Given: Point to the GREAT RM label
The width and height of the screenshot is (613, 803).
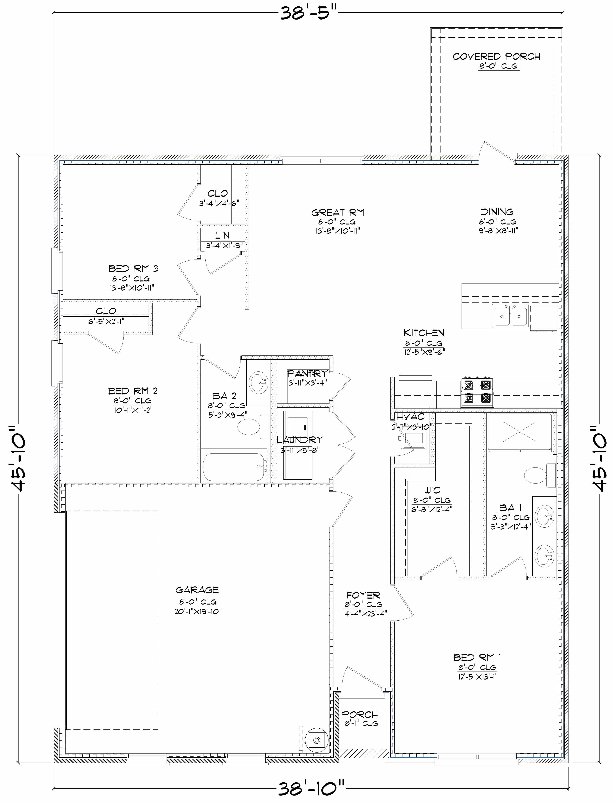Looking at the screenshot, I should tap(337, 212).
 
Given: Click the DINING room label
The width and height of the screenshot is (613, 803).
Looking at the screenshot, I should tap(497, 212).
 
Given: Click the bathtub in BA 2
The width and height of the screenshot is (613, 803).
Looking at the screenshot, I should tap(233, 467).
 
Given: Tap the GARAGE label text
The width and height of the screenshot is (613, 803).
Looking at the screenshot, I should tap(197, 590).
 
